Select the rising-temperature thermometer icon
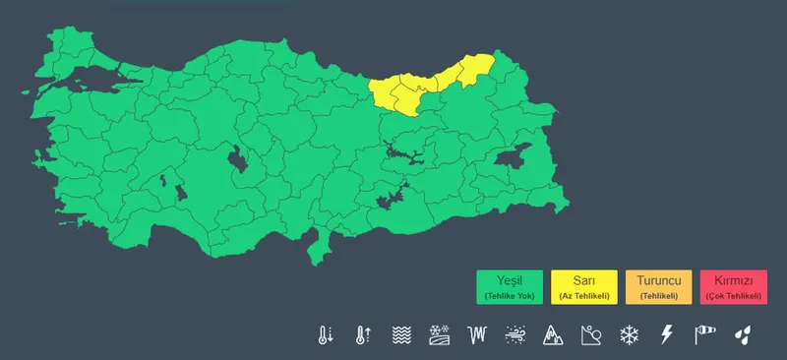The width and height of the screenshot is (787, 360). pos(363,334)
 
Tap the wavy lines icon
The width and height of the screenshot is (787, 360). pos(401,334)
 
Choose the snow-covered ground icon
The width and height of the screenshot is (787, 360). pos(440,334)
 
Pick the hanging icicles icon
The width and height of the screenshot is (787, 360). pos(478,334)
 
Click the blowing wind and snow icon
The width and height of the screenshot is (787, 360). pos(515,334)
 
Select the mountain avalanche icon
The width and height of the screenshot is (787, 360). pos(552,334)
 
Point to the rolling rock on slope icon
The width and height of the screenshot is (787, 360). pos(590,334)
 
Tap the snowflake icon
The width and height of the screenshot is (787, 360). pos(628,334)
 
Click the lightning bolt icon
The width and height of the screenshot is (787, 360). pos(666,334)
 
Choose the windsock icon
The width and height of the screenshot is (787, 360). pos(704,334)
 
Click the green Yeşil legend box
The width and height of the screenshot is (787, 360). pos(510,286)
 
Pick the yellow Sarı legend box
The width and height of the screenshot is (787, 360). pos(584,286)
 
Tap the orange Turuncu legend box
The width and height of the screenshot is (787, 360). pos(658,286)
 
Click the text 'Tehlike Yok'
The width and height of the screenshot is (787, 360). pos(510,296)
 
